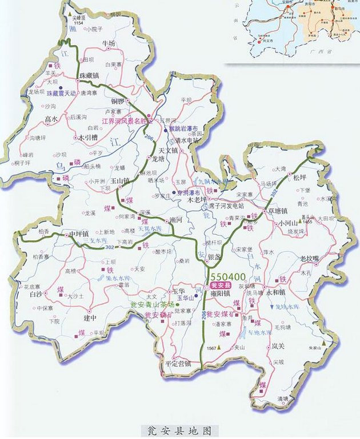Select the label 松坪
300,177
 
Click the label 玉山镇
119,180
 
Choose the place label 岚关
278,345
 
